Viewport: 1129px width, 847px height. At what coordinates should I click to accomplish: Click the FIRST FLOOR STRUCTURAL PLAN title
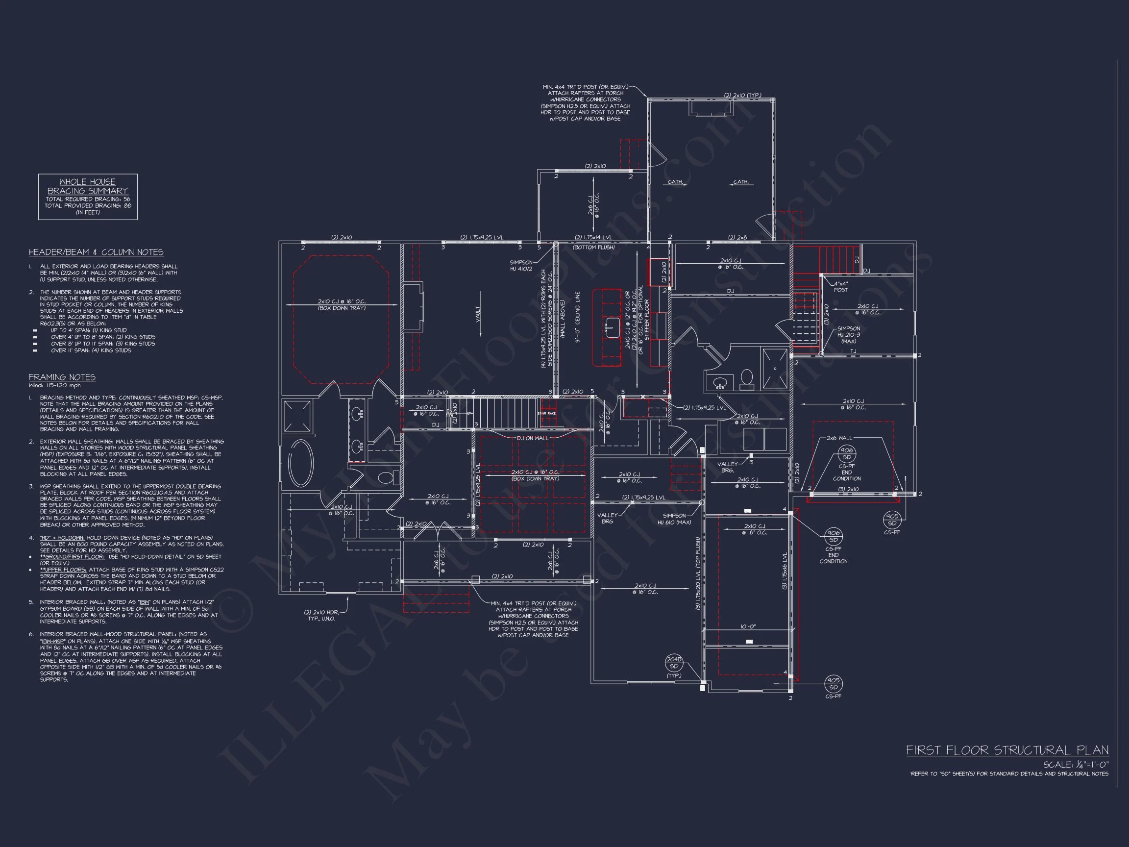click(x=1007, y=750)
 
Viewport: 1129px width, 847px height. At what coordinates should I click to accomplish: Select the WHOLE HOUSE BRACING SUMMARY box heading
click(x=87, y=186)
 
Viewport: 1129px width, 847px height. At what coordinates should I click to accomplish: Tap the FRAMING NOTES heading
click(x=62, y=377)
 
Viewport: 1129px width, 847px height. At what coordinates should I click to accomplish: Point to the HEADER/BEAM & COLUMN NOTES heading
click(x=96, y=252)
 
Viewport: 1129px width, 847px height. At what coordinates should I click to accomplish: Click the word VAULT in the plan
click(x=478, y=314)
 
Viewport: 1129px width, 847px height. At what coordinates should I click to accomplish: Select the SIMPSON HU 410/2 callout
click(x=521, y=266)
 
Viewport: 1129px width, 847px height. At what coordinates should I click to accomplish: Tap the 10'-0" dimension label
click(x=749, y=626)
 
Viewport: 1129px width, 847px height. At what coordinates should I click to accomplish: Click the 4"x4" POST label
click(x=841, y=286)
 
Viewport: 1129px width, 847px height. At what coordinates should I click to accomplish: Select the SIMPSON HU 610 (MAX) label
click(x=674, y=519)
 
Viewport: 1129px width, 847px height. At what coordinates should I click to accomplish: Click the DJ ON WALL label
click(x=532, y=438)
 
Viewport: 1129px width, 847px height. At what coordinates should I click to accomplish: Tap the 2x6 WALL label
click(x=839, y=438)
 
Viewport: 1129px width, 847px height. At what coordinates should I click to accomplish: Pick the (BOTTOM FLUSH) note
click(x=593, y=247)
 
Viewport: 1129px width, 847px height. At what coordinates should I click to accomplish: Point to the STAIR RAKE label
click(x=546, y=413)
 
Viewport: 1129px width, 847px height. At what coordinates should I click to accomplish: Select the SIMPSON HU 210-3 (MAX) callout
click(x=848, y=335)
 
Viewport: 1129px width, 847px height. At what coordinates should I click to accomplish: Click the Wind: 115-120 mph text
click(x=54, y=385)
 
